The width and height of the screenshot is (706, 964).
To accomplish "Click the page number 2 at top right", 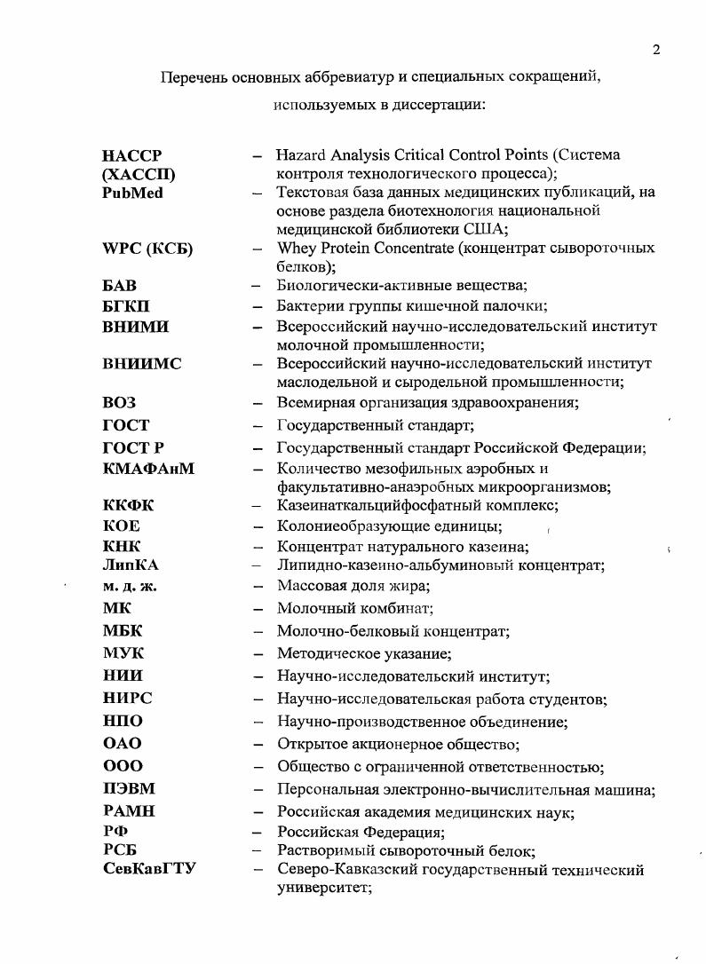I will tap(655, 50).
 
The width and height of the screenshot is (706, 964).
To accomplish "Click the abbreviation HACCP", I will tap(132, 156).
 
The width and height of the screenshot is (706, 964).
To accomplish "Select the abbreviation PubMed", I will tap(133, 193).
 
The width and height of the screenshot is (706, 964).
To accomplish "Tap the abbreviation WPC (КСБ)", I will tap(147, 249).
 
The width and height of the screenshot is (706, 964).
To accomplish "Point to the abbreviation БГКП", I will tap(126, 306).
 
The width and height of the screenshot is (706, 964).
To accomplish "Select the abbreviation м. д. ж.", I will tap(130, 586).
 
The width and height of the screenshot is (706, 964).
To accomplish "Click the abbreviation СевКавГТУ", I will tap(149, 869).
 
